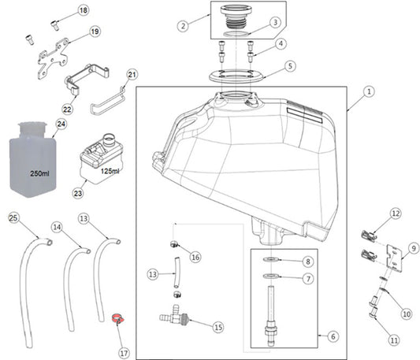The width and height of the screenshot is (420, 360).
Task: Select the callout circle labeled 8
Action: point(308,261)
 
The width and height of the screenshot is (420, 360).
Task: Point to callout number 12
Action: point(396,213)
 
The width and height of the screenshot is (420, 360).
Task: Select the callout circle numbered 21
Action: point(132,75)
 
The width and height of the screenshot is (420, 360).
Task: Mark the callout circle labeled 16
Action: point(195,257)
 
